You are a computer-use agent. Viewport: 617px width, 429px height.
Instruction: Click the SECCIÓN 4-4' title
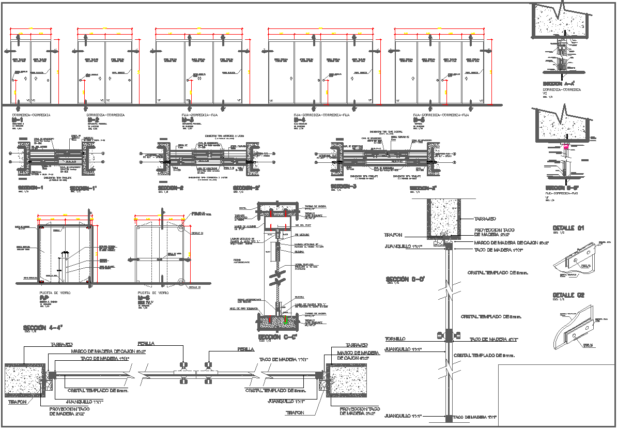click(x=43, y=328)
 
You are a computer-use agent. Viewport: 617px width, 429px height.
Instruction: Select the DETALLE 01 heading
click(x=568, y=228)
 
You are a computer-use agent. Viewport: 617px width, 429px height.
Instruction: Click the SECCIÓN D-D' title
click(x=405, y=280)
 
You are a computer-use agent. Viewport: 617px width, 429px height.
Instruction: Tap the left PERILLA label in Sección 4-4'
click(x=145, y=344)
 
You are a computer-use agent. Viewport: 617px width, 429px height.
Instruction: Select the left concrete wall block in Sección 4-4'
click(x=24, y=380)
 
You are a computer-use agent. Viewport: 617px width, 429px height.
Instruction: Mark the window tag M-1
click(x=17, y=120)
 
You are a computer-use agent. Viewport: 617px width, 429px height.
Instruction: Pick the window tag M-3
click(x=188, y=120)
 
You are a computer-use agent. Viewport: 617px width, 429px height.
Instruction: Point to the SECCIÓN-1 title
click(x=30, y=188)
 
